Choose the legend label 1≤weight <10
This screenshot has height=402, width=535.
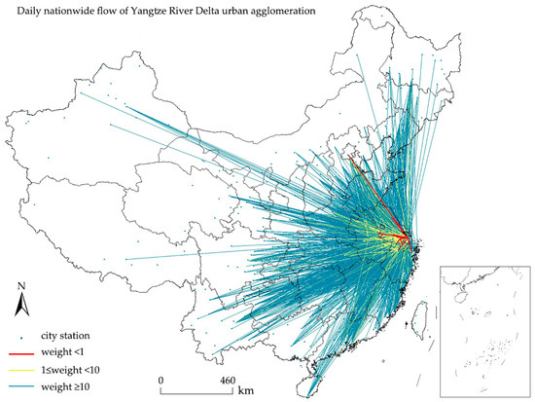tap(77, 370)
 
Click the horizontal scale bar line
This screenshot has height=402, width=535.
tap(194, 388)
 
